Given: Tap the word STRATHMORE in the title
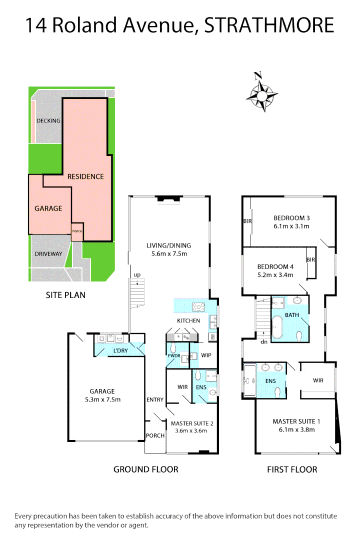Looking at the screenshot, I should (x=269, y=25).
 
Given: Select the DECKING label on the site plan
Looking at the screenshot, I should (x=48, y=120).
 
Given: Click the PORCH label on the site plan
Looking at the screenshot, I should (x=77, y=231).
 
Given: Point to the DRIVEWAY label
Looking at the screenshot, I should (x=48, y=254).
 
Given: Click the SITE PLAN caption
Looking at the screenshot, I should (x=65, y=295).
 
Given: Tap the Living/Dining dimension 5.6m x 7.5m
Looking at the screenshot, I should (x=168, y=254).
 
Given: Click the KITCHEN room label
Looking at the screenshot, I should (x=188, y=320).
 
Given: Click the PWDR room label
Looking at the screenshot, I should (x=173, y=356).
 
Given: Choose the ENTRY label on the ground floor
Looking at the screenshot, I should (x=155, y=399).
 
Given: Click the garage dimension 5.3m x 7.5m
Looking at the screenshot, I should (x=102, y=399).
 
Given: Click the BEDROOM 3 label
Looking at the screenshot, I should (x=291, y=217).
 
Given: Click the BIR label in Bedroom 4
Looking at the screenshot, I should (x=310, y=260).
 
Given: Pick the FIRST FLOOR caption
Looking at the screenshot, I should (x=292, y=469).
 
